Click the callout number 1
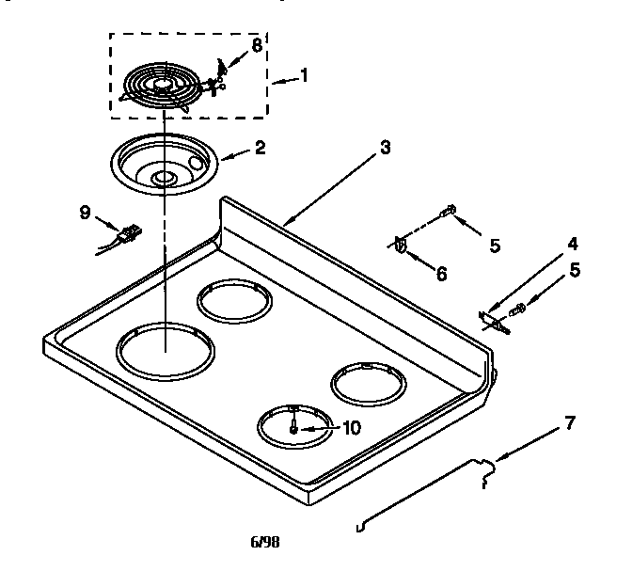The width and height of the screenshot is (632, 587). pyautogui.click(x=304, y=75)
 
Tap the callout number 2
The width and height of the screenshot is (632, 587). pyautogui.click(x=260, y=148)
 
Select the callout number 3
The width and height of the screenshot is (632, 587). pyautogui.click(x=386, y=148)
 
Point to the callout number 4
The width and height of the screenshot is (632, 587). pyautogui.click(x=573, y=244)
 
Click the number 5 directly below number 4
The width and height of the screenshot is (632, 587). pyautogui.click(x=574, y=269)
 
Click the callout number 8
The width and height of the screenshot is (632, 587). pyautogui.click(x=256, y=44)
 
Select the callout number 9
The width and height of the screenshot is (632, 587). pyautogui.click(x=85, y=212)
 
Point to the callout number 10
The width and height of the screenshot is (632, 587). pyautogui.click(x=350, y=427)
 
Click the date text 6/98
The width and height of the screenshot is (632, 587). pyautogui.click(x=264, y=542)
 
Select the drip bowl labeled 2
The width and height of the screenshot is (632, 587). pyautogui.click(x=164, y=164)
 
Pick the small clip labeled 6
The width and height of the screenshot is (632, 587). pyautogui.click(x=402, y=246)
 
